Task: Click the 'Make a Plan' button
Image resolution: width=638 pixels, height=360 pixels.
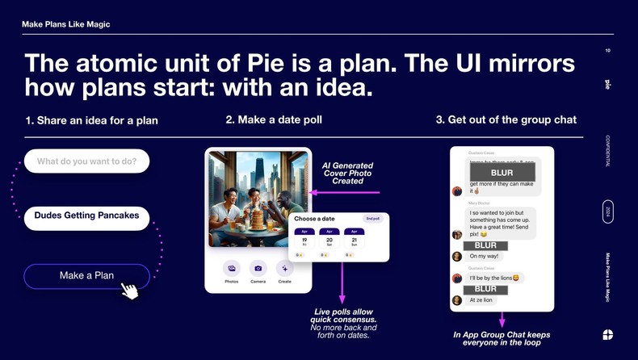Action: (86, 276)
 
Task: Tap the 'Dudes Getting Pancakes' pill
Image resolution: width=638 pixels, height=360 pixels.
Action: (86, 216)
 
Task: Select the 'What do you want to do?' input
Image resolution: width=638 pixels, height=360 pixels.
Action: (86, 161)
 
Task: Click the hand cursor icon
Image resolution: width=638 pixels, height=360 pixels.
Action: (129, 289)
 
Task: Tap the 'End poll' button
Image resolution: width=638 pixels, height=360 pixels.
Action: (372, 219)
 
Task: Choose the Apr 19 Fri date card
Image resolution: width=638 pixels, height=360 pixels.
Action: (304, 239)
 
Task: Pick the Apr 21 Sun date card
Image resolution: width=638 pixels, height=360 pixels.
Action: (355, 239)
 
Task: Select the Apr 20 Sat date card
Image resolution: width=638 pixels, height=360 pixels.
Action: (329, 239)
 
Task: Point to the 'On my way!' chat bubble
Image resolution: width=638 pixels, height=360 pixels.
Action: (485, 256)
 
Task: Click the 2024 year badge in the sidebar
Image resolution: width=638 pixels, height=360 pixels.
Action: (607, 211)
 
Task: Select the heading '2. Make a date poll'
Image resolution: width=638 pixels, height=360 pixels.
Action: (274, 120)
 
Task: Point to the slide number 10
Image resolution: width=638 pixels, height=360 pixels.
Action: (607, 51)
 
